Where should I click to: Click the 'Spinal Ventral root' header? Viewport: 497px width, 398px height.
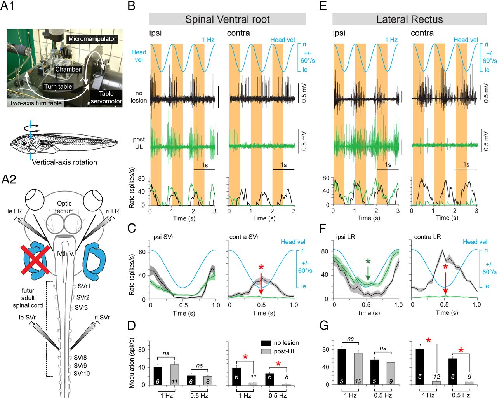[227, 19]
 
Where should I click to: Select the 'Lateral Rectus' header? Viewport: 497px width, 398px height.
[409, 19]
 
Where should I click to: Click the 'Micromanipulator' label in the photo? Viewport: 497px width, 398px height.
[92, 39]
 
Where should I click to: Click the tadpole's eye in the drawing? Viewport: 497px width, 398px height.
[24, 143]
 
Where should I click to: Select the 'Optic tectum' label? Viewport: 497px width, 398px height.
[64, 207]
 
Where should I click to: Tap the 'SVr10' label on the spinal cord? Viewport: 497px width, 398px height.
[82, 374]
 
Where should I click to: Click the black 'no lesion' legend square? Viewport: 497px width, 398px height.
[266, 343]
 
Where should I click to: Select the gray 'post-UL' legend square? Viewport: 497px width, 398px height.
[266, 351]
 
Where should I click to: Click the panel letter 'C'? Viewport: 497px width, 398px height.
[132, 229]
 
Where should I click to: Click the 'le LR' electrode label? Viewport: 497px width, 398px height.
[14, 211]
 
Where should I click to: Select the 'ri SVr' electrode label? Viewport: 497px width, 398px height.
[102, 318]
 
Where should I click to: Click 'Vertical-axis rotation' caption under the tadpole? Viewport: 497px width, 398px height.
[64, 162]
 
